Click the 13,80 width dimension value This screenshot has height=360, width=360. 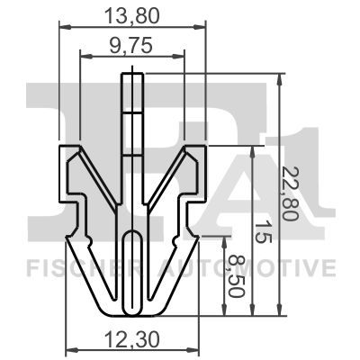[x=132, y=16]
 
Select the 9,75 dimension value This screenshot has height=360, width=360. [x=131, y=46]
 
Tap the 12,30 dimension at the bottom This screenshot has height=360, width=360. [x=132, y=341]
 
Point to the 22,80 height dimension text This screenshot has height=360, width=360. [x=290, y=193]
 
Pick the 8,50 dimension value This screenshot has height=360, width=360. [x=237, y=276]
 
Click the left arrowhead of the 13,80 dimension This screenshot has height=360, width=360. [x=65, y=27]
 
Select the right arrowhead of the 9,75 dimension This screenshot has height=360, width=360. [x=178, y=56]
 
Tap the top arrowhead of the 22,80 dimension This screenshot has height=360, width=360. [x=280, y=79]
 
